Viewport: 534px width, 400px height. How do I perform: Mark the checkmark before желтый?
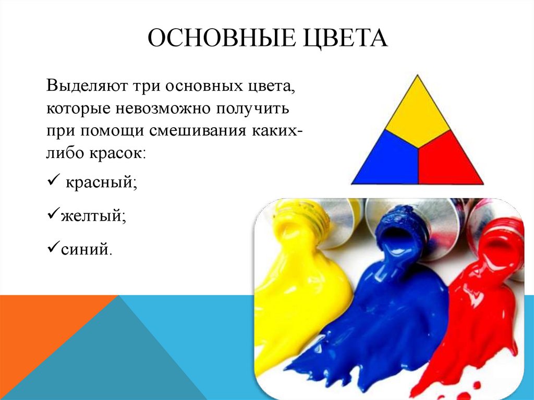click(x=54, y=213)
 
